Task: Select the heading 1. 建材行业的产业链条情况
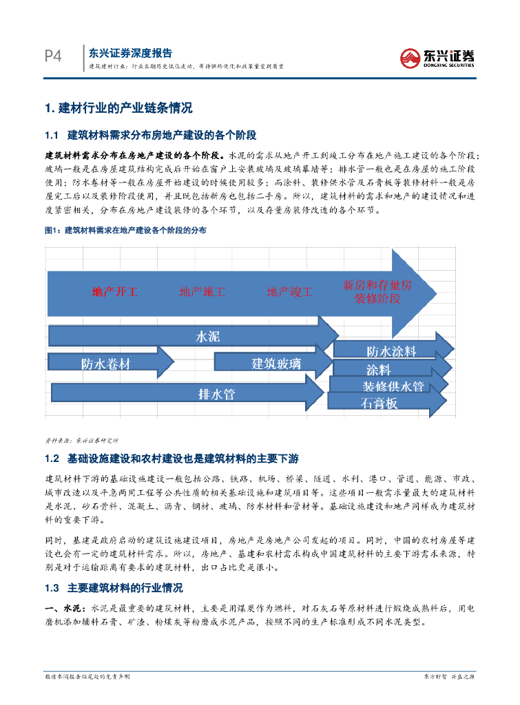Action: pyautogui.click(x=118, y=108)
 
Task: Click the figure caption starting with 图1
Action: pyautogui.click(x=125, y=230)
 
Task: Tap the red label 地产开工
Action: pyautogui.click(x=115, y=291)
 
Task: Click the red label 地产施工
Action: pyautogui.click(x=202, y=291)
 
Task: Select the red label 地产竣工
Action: pyautogui.click(x=290, y=291)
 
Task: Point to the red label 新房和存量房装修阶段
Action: pyautogui.click(x=377, y=291)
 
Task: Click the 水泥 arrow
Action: pyautogui.click(x=207, y=336)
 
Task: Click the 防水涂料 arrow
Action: pyautogui.click(x=391, y=351)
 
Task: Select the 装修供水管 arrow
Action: pyautogui.click(x=393, y=386)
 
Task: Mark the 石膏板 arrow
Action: pyautogui.click(x=379, y=403)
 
